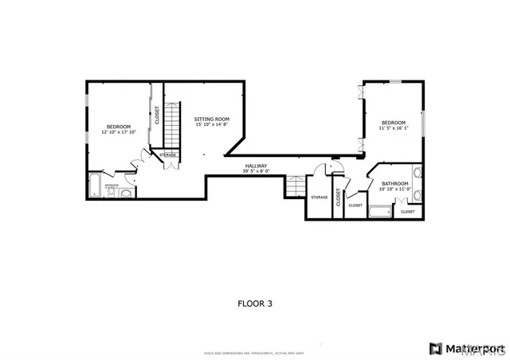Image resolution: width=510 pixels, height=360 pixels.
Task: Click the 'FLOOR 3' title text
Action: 254,303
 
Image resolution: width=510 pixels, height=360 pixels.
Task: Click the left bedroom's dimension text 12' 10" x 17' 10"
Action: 120,132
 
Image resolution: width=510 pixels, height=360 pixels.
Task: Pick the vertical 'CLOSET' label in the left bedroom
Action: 157,115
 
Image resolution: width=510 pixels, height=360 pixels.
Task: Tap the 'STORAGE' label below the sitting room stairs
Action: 167,155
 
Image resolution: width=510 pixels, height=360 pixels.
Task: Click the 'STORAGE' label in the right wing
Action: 320,197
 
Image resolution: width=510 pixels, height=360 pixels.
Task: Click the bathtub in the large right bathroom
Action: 381,212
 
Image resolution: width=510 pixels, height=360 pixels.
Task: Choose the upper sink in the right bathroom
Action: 418,174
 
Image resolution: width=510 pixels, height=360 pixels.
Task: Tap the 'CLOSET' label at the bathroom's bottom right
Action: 407,212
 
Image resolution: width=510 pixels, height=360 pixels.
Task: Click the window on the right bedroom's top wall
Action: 395,81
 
